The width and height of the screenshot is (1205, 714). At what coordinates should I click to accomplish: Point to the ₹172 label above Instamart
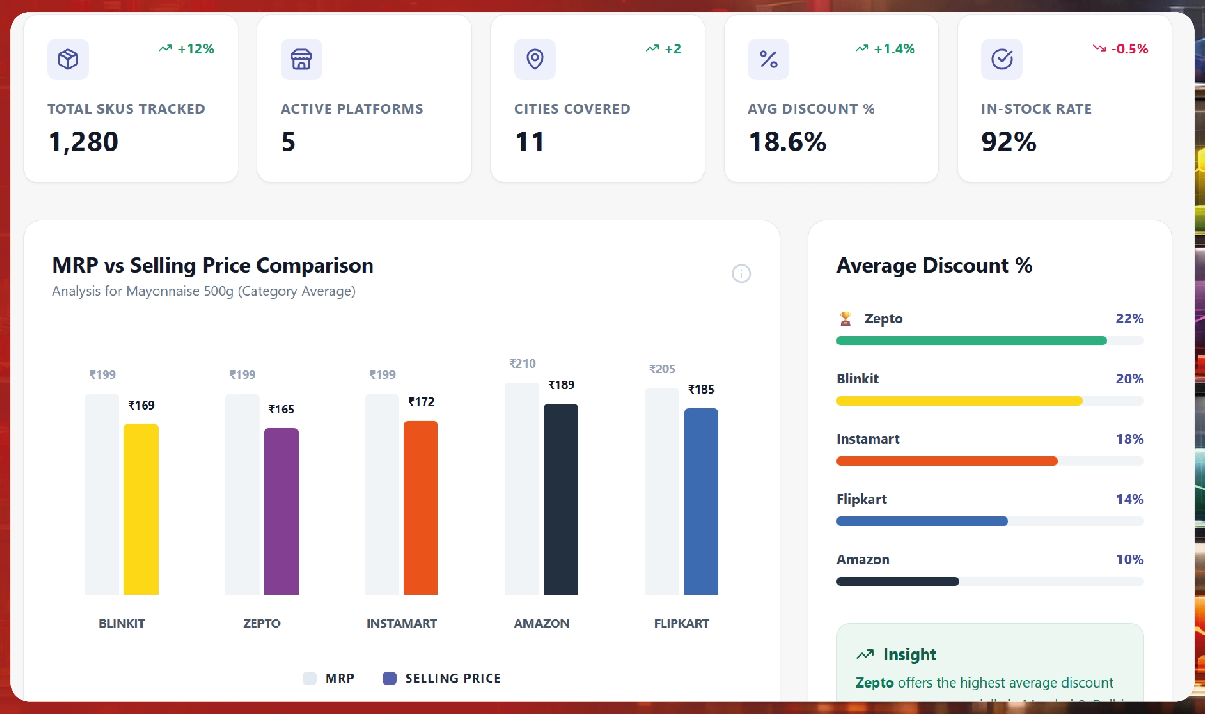point(421,402)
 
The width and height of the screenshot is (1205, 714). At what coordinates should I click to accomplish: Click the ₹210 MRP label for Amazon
point(522,363)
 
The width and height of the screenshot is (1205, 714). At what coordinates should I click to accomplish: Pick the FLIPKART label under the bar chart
point(681,623)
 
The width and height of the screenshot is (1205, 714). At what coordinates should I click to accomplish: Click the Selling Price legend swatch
point(389,678)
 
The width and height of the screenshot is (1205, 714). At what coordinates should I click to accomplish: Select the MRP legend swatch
point(309,678)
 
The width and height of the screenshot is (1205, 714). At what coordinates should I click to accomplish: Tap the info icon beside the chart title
point(741,274)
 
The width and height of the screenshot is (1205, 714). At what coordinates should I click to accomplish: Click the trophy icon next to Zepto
point(845,318)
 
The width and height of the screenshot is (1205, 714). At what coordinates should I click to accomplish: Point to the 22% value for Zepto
point(1129,318)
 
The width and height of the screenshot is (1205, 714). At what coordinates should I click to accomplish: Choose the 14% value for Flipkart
point(1129,499)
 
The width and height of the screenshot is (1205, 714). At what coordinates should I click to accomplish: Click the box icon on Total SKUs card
point(68,59)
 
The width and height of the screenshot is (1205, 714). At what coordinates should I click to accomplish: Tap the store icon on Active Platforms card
point(301,59)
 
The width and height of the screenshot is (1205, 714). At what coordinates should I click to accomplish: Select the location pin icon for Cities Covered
point(535,59)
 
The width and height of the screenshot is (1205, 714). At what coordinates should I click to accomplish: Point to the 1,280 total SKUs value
point(83,142)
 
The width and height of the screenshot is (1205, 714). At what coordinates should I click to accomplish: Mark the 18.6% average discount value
point(787,142)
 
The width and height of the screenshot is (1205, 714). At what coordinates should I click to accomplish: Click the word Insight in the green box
point(909,654)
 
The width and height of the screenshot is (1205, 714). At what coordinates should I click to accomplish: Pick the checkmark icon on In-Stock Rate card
point(1002,59)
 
